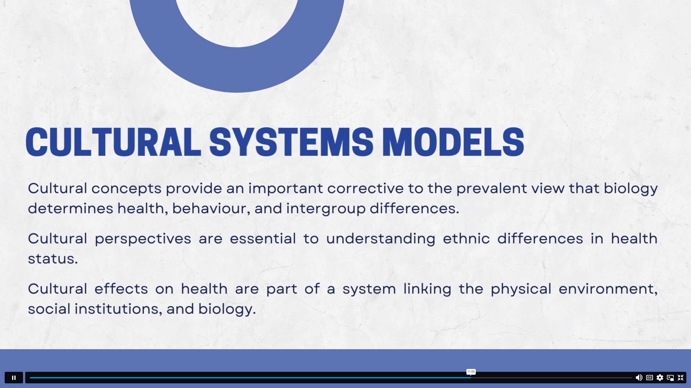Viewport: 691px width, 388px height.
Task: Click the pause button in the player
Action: point(14,378)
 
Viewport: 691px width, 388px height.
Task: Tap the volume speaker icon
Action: point(639,378)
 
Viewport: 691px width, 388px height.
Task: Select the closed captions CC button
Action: point(649,378)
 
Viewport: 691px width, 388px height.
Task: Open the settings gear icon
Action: point(660,378)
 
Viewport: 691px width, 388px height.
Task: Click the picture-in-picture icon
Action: point(670,378)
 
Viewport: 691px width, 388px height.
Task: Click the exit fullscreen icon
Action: point(681,378)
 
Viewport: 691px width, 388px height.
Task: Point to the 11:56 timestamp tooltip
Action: point(471,371)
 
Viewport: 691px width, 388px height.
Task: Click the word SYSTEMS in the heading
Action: point(291,142)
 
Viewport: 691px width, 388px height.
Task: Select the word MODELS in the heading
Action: point(453,142)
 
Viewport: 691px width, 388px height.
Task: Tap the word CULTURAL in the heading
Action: point(113,142)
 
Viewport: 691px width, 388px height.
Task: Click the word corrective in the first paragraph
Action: point(365,189)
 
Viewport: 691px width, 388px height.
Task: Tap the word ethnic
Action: point(466,239)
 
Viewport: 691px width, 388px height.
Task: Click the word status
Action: point(53,259)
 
